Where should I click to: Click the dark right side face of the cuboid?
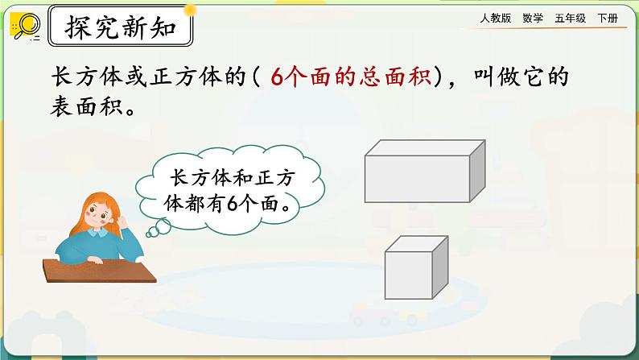[477, 170]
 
